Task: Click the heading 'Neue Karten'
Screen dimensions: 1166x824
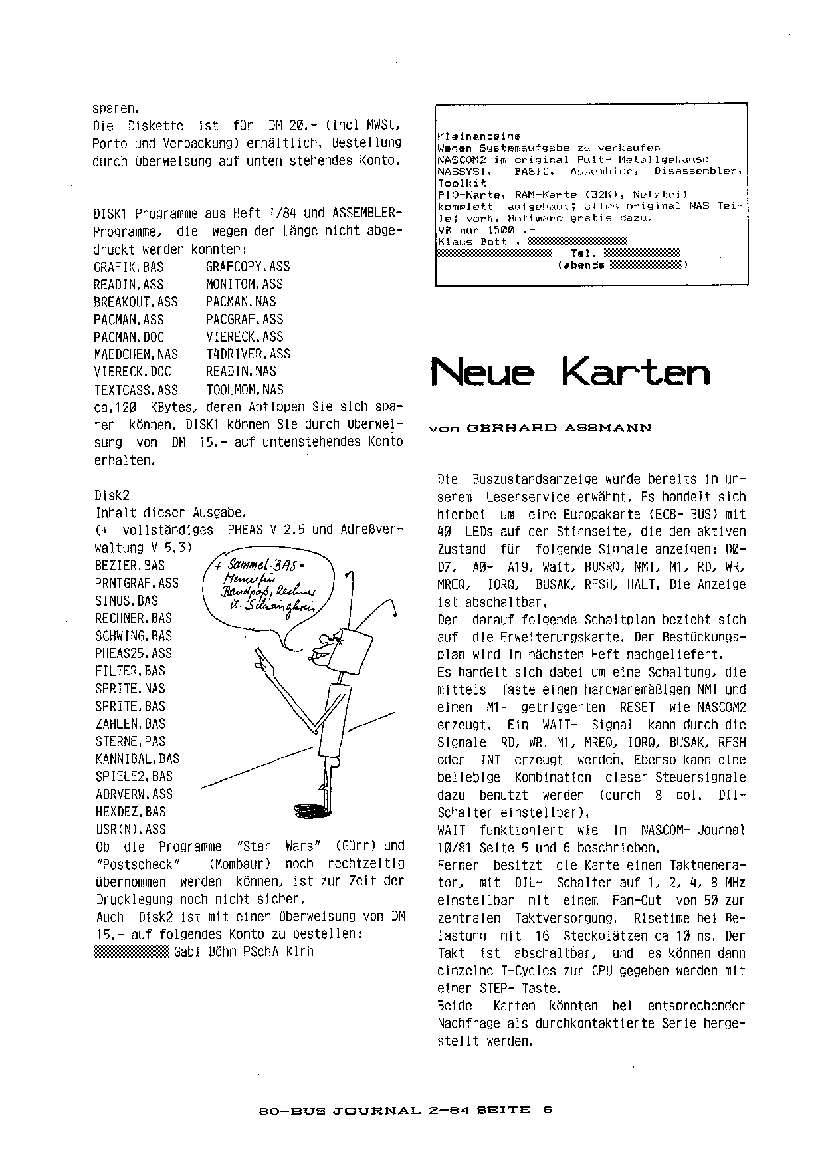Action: pyautogui.click(x=570, y=372)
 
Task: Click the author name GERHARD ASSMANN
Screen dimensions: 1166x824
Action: pyautogui.click(x=560, y=428)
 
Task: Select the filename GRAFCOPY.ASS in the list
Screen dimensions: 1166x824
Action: pyautogui.click(x=248, y=267)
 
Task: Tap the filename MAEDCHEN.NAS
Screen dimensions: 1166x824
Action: pyautogui.click(x=136, y=354)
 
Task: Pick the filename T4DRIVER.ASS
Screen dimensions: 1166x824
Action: pyautogui.click(x=248, y=354)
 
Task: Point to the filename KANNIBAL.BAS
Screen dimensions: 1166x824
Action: pyautogui.click(x=137, y=758)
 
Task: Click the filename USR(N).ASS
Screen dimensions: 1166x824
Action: pyautogui.click(x=130, y=829)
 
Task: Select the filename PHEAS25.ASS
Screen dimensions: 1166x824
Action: pyautogui.click(x=133, y=653)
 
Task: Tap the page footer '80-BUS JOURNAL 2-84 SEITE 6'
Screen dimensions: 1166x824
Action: pyautogui.click(x=405, y=1109)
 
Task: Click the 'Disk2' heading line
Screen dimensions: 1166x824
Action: pyautogui.click(x=112, y=495)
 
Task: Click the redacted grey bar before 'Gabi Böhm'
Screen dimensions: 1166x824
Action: pyautogui.click(x=132, y=952)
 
